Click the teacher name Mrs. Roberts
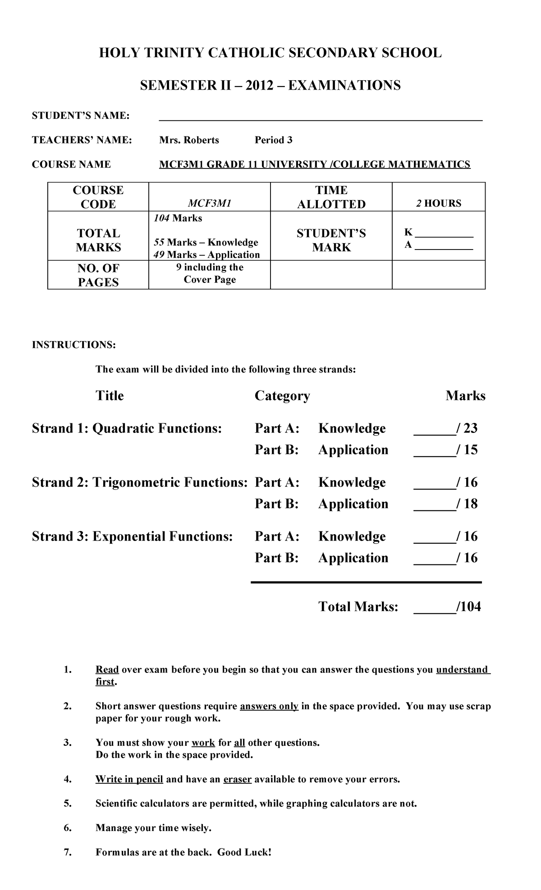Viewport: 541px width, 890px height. coord(189,140)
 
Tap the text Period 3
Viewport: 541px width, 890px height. coord(273,140)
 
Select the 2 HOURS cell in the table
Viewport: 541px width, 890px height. coord(438,203)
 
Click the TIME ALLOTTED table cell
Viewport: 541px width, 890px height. coord(331,197)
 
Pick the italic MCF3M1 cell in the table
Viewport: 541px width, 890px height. coord(209,204)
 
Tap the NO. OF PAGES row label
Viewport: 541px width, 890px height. coord(98,275)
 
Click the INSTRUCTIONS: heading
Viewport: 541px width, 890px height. coord(73,345)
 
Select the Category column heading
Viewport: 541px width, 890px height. coord(282,395)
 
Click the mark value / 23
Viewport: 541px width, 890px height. coord(467,428)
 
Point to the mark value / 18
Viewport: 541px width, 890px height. coord(467,504)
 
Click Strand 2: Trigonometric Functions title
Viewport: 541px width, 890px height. coord(140,482)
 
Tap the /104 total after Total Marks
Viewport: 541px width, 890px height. coord(469,607)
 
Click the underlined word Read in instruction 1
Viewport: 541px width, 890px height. coord(107,670)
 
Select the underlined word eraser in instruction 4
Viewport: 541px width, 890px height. coord(237,779)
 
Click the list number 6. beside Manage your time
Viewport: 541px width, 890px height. coord(68,828)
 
